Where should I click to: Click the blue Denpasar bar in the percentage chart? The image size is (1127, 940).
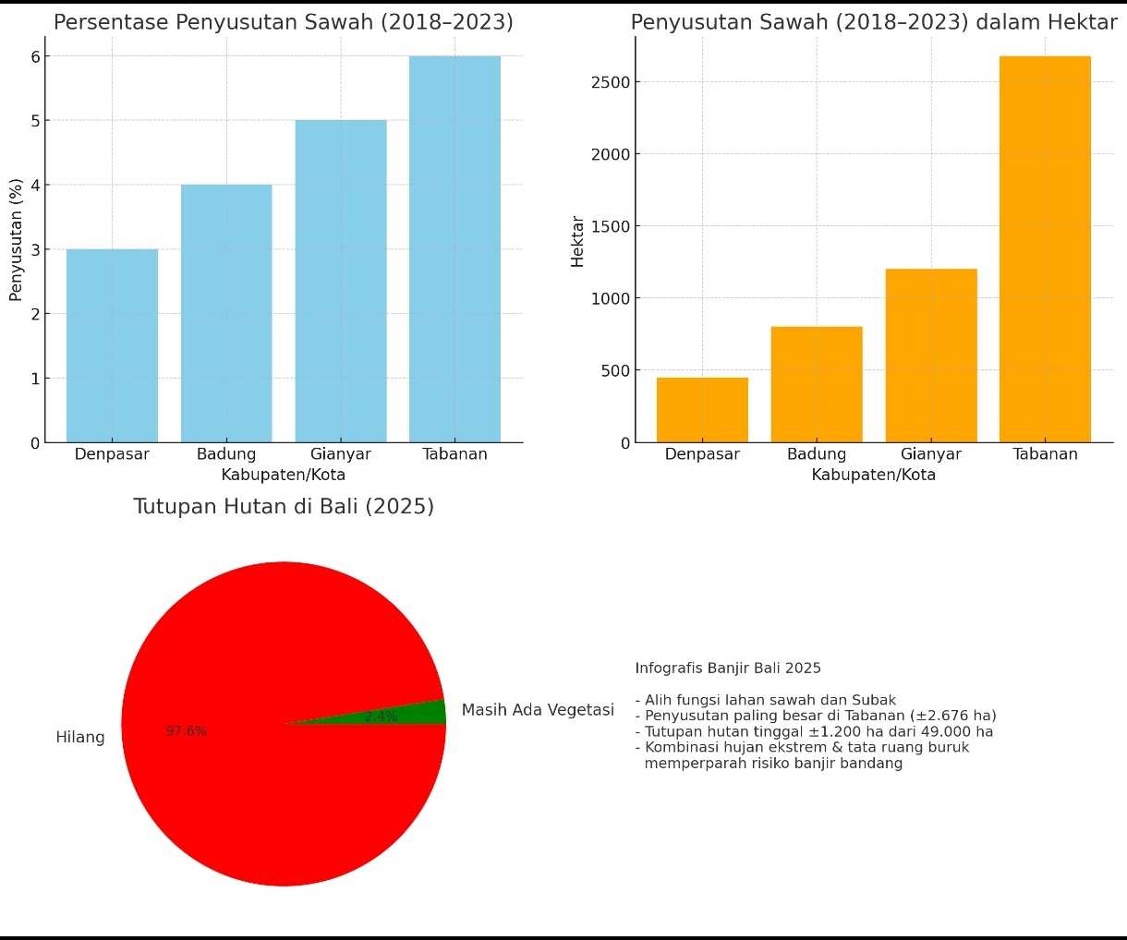[x=112, y=345]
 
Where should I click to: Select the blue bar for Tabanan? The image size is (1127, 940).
[x=454, y=249]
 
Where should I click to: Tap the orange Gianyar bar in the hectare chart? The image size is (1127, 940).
[x=930, y=356]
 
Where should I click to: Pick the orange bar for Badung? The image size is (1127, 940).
[x=817, y=384]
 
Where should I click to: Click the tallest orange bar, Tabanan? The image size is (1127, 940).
[x=1045, y=249]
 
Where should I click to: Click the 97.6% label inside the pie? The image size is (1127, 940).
[x=187, y=731]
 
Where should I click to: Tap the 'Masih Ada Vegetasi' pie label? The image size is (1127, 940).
[x=538, y=710]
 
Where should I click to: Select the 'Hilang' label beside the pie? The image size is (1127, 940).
[x=80, y=737]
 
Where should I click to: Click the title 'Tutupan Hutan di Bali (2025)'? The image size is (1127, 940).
[x=284, y=506]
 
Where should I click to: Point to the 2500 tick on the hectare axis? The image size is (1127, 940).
[x=611, y=82]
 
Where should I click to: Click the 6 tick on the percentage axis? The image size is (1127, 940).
[x=35, y=56]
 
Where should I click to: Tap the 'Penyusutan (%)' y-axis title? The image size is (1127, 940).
[x=16, y=240]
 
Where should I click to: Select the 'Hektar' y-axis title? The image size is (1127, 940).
[x=578, y=241]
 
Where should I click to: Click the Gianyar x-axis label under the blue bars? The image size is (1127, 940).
[x=341, y=454]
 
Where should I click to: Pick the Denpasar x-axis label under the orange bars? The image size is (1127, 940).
[x=702, y=454]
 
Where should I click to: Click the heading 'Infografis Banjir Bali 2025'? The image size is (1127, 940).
[x=728, y=668]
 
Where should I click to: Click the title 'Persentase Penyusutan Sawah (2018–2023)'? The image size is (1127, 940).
[x=284, y=22]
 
